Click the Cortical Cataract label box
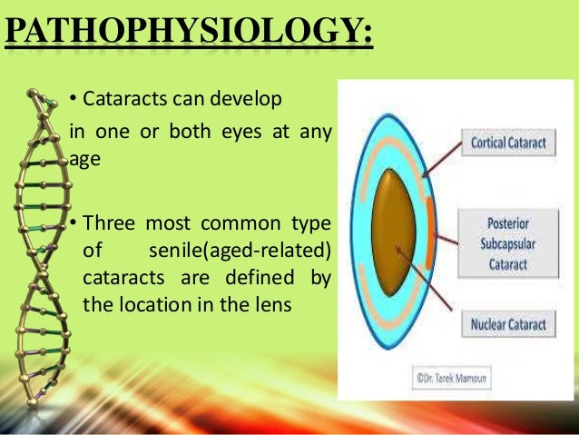coord(513,143)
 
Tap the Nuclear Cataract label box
coord(513,324)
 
